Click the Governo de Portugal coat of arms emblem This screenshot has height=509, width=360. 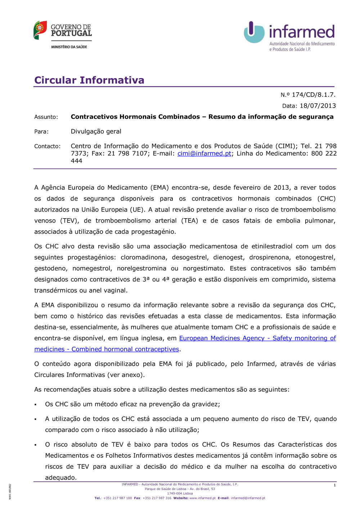pos(40,30)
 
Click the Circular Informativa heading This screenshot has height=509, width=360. pos(89,80)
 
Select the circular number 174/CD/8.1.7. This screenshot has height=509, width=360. pos(313,95)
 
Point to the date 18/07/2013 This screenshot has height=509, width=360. pos(318,106)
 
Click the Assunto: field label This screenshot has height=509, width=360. pos(46,117)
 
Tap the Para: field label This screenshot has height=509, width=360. pos(41,132)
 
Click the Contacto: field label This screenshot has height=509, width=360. pos(48,146)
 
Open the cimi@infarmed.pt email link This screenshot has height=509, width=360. pos(204,153)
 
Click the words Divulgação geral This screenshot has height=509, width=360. pos(96,131)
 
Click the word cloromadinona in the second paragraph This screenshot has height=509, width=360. pos(144,257)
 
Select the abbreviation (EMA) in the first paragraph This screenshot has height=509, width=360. pos(160,188)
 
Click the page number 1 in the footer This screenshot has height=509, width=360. pos(334,485)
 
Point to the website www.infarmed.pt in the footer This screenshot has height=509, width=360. pos(202,498)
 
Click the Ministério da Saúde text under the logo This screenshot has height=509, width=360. pos(69,47)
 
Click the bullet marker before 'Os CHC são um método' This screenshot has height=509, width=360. pos(36,405)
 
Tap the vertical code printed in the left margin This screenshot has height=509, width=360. pos(10,491)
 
